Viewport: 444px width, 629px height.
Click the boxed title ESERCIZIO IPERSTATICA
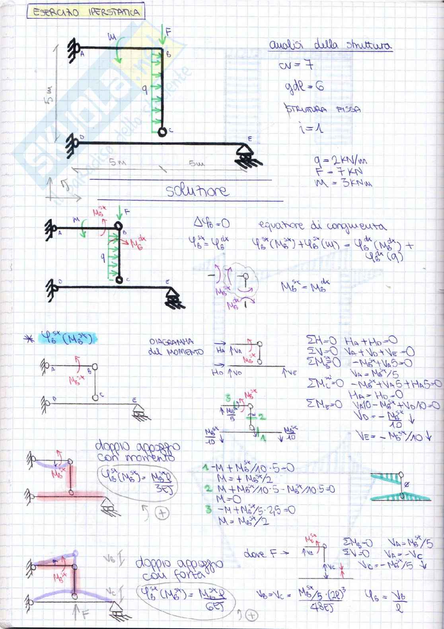pos(86,12)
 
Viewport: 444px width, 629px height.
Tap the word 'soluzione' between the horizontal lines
pos(197,191)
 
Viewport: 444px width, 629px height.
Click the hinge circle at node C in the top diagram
pos(162,131)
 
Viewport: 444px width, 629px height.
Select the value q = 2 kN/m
pos(340,161)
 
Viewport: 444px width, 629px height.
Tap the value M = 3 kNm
pos(343,184)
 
